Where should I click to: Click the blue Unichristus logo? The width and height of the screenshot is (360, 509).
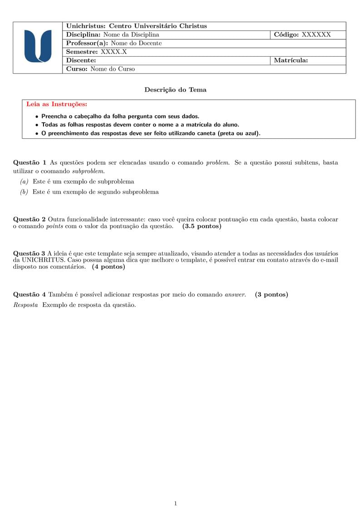click(x=38, y=46)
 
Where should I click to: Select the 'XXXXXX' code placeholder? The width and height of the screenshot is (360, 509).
click(x=316, y=34)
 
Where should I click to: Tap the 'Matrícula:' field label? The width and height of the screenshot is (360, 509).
click(x=291, y=60)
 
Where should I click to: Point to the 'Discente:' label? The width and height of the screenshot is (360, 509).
click(x=81, y=60)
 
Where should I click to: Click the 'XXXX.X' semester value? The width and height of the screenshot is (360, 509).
click(x=114, y=52)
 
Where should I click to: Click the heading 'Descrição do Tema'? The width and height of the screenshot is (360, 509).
click(x=175, y=90)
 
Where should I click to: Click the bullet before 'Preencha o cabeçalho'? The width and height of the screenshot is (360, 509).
click(x=37, y=116)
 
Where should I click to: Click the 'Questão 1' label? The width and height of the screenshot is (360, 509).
click(x=30, y=162)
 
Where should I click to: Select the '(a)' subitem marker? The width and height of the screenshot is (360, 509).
click(x=24, y=181)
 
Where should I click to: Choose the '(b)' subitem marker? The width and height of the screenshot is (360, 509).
click(x=24, y=192)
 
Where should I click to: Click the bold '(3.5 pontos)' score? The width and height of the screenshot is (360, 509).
click(x=202, y=226)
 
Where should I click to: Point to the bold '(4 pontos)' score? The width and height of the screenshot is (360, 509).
click(x=108, y=267)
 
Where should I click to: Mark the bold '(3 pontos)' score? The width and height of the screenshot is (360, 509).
click(x=271, y=295)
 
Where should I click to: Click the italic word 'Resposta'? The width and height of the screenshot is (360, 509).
click(x=26, y=305)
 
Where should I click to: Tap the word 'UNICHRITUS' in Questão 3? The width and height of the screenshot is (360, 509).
click(x=43, y=260)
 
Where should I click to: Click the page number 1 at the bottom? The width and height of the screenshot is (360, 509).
click(x=175, y=504)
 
